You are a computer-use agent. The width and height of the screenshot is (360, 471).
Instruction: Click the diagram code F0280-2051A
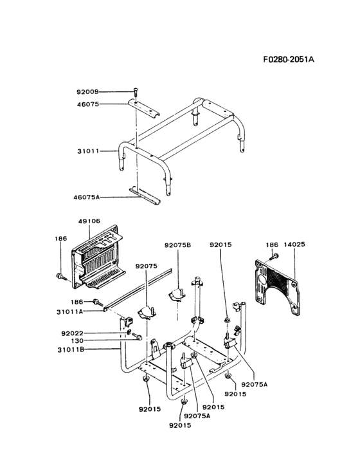point(289,59)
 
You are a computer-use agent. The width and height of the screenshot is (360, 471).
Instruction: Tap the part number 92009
point(87,92)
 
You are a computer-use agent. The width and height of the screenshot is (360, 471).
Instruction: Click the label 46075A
point(86,198)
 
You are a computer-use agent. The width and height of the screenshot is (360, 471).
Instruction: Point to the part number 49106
point(89,221)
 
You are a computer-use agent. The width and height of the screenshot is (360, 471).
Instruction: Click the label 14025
point(294,245)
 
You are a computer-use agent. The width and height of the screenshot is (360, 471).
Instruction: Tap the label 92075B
point(177,245)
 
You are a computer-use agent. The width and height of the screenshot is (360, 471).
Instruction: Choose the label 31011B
point(71,349)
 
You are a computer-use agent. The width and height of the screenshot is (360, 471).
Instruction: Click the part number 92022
point(72,333)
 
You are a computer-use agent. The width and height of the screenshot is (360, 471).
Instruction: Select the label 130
point(77,341)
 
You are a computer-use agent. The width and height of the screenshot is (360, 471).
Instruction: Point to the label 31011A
point(70,312)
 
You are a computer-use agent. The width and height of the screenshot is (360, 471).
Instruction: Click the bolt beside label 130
point(137,336)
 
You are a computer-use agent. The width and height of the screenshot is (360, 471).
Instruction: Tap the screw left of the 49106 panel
point(61,276)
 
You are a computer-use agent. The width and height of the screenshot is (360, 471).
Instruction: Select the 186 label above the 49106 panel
point(61,239)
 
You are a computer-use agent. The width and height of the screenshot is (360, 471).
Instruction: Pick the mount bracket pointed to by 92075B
point(176,295)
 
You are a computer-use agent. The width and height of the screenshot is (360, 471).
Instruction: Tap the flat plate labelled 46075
point(144,108)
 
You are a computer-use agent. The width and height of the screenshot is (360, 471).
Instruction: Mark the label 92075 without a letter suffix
point(146,266)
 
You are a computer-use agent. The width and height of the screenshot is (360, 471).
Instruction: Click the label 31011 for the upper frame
point(88,151)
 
